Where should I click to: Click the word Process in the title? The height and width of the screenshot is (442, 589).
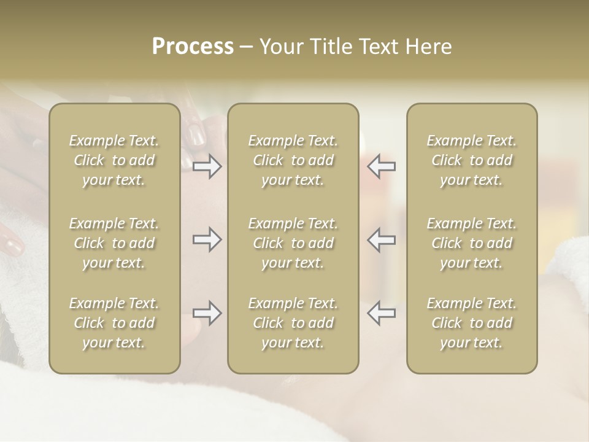pos(193,47)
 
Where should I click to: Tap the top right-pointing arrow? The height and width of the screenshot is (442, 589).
pos(207,166)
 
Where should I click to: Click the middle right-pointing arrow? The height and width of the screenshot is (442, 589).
pos(207,239)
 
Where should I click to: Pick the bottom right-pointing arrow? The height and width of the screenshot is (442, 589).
pos(207,313)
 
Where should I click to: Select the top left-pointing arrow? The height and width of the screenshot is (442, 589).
pos(381,166)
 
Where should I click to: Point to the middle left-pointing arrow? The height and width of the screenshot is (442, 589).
pos(381,239)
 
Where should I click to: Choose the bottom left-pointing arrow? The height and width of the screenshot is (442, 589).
pos(381,313)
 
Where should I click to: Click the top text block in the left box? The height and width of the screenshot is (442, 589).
pos(114,160)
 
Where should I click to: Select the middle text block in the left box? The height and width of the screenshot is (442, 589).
pos(114,243)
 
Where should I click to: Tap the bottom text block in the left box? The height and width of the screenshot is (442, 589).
pos(114,323)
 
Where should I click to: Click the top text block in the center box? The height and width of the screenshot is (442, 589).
pos(293,160)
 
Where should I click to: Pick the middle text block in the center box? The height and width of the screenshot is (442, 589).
pos(293,243)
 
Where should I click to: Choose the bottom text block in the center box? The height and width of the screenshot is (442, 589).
pos(293,323)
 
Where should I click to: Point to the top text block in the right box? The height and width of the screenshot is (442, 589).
pos(471,160)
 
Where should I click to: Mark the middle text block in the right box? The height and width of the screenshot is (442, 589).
pos(471,243)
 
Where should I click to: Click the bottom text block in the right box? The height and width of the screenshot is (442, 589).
pos(471,323)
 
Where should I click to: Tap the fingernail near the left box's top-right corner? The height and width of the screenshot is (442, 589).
pos(196,133)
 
